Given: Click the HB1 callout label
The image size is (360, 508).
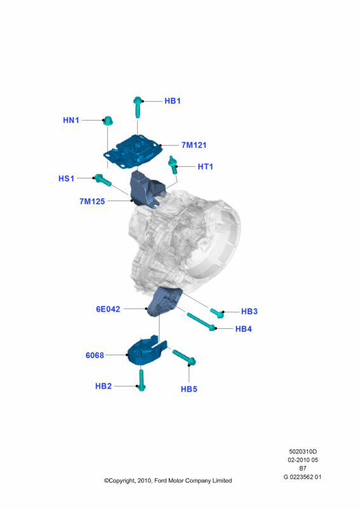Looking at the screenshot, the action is point(173,101).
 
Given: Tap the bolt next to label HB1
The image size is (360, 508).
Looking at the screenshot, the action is point(137,107).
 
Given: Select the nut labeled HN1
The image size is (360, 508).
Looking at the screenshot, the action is point(108,121).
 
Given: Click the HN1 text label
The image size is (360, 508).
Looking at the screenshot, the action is point(71,120).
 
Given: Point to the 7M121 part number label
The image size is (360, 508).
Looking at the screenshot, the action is point(194,145).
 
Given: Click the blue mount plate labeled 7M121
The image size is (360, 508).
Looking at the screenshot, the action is point(133,152).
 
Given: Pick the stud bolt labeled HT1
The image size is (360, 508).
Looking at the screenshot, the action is point(173,164).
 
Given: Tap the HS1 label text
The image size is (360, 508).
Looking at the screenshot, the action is point(67,178).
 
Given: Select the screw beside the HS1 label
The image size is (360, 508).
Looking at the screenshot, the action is point(102,180).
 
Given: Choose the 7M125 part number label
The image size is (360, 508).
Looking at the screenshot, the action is point(92,201).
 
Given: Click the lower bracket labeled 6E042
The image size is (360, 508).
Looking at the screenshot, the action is point(164,301).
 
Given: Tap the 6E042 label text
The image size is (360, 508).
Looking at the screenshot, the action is point(108,309).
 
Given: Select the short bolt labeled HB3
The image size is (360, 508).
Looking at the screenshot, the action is point(217,312).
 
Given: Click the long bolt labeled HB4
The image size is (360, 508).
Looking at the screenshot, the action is point(201,322).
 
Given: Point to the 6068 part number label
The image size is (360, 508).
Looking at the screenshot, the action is point(95,356).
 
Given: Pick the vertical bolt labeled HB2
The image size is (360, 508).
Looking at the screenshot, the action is point(142,380).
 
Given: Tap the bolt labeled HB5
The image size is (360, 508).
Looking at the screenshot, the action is point(184,358).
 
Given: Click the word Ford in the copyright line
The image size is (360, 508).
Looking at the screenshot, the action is point(161,481).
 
